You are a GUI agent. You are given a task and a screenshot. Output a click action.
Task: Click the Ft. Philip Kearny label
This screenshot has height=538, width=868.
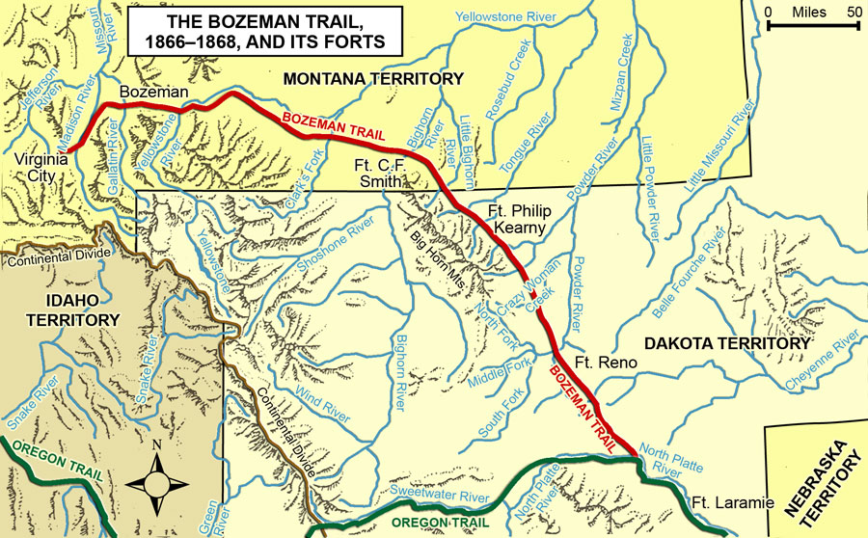click(x=509, y=219)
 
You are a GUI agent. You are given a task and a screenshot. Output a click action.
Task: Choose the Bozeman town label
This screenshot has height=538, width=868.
click(x=150, y=92)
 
